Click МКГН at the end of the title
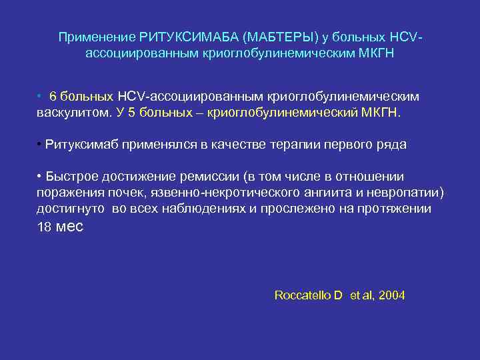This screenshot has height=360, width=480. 376,52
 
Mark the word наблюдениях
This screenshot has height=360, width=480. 222,209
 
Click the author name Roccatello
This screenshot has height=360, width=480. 303,295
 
